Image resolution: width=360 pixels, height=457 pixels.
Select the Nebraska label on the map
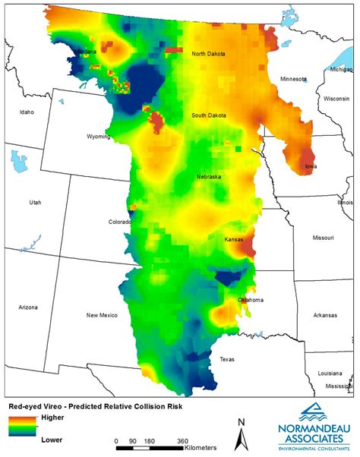(x=208, y=176)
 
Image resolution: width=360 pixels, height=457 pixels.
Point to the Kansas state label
(x=233, y=239)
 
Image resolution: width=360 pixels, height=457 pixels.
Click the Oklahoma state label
(x=251, y=300)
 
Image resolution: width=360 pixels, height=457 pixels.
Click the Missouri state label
(x=324, y=238)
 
